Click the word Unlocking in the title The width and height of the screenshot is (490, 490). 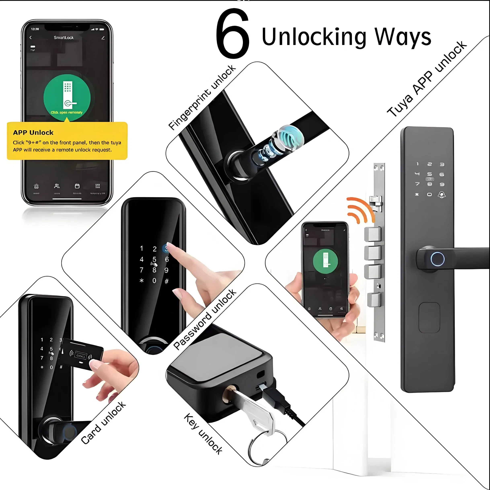tap(314, 37)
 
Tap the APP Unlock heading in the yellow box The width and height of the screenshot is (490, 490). tap(33, 132)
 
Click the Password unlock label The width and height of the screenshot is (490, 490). tap(205, 319)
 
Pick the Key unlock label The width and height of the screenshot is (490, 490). tap(203, 434)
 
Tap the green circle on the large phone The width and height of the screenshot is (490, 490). tap(67, 98)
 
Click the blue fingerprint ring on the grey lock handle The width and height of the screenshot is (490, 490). tap(438, 259)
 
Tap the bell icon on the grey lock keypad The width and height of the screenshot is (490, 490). tap(442, 194)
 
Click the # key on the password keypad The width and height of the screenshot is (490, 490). tap(167, 281)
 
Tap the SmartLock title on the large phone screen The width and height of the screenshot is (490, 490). tap(64, 38)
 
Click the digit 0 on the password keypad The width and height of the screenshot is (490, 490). tap(154, 280)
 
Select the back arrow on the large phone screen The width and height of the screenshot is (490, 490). tap(31, 38)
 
